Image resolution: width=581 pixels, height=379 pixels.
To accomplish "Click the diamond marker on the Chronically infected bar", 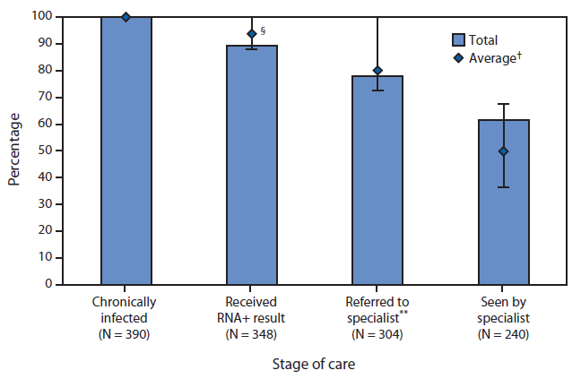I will tap(126, 17).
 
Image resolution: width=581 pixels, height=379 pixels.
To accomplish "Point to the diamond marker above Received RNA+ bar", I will tap(252, 34).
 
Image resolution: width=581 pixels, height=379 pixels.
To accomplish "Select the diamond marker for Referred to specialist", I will tap(377, 71).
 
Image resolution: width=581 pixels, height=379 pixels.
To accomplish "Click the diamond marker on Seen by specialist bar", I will tap(503, 151).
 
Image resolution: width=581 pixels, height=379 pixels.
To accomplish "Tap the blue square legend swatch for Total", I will tap(458, 39).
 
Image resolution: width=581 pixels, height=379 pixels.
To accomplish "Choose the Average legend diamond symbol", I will tap(458, 58).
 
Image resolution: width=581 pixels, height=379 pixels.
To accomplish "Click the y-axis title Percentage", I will tap(15, 151).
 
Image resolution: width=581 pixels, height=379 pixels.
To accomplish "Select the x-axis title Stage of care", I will tap(314, 365).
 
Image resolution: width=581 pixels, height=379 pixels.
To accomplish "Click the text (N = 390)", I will tap(126, 334).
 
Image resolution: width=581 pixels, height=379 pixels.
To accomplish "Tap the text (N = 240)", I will tap(503, 334).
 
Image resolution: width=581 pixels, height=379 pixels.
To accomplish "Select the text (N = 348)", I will tap(251, 334).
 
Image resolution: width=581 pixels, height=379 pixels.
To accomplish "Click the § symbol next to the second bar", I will tap(264, 30).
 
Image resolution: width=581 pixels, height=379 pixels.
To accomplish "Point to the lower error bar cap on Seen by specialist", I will tap(503, 186).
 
